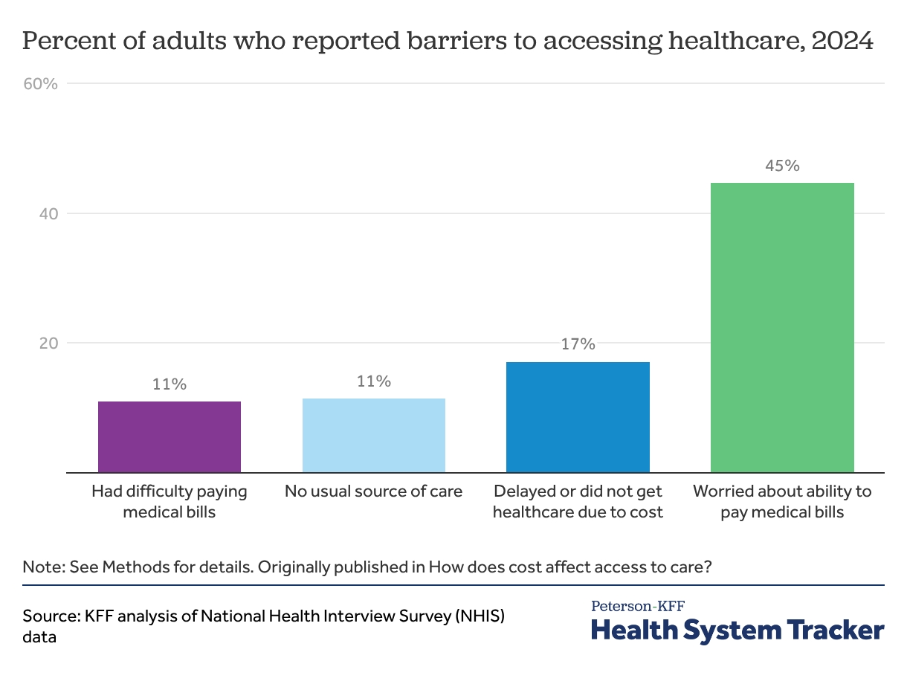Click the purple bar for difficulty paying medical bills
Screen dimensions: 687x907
pyautogui.click(x=170, y=437)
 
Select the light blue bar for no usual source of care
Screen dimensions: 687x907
pyautogui.click(x=374, y=436)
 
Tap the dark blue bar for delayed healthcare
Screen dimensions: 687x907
pyautogui.click(x=578, y=417)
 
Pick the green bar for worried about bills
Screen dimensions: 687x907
pyautogui.click(x=782, y=327)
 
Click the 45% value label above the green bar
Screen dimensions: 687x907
pyautogui.click(x=782, y=166)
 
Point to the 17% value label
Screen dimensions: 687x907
pyautogui.click(x=578, y=344)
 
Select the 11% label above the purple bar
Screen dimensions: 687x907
pyautogui.click(x=170, y=384)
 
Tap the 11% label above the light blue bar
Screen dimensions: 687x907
pyautogui.click(x=374, y=381)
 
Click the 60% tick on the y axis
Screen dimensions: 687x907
pyautogui.click(x=41, y=83)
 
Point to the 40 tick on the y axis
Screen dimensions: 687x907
pyautogui.click(x=48, y=213)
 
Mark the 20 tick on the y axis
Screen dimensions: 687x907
pyautogui.click(x=48, y=343)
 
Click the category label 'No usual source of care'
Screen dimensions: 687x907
pyautogui.click(x=374, y=491)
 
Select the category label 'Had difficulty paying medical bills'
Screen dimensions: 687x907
pyautogui.click(x=170, y=502)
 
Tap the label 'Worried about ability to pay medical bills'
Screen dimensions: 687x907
pyautogui.click(x=782, y=502)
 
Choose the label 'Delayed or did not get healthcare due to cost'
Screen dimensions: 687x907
pyautogui.click(x=578, y=502)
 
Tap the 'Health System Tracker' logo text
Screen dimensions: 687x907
pyautogui.click(x=737, y=630)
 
